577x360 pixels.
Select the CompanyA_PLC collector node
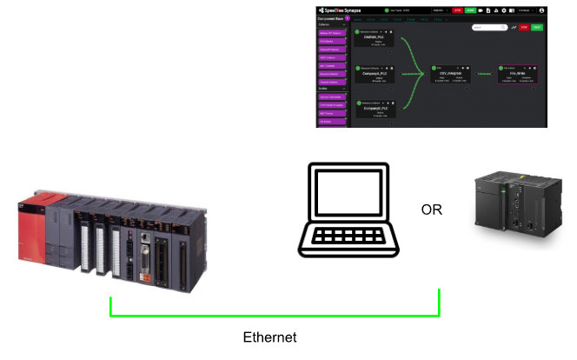(375, 75)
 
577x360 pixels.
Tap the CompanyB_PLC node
(375, 111)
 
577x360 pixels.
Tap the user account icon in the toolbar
(566, 10)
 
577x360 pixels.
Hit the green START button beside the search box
(536, 28)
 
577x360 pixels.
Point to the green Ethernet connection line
(275, 315)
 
